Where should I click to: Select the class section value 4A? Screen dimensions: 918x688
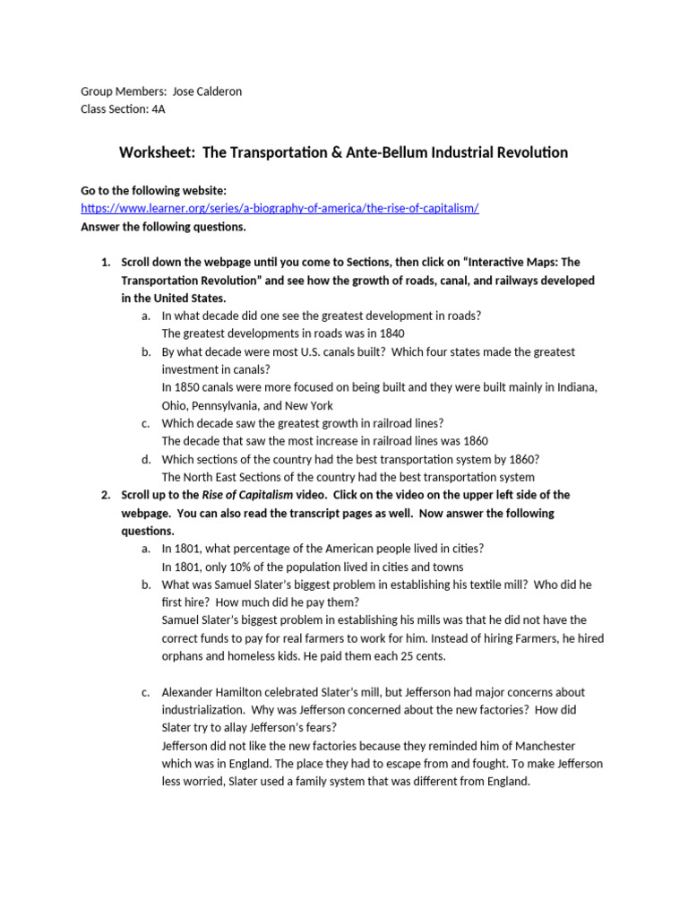(159, 109)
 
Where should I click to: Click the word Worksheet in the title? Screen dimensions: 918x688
(158, 152)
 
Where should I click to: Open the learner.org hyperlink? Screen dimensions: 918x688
(279, 208)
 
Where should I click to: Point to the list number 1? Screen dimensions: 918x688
(104, 262)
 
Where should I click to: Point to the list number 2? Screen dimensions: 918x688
(104, 495)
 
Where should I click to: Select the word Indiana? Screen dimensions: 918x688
(573, 387)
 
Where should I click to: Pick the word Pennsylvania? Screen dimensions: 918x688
(224, 405)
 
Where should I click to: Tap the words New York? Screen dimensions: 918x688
(309, 405)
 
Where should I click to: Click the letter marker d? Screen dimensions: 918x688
(145, 459)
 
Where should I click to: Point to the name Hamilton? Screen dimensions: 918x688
(245, 692)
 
